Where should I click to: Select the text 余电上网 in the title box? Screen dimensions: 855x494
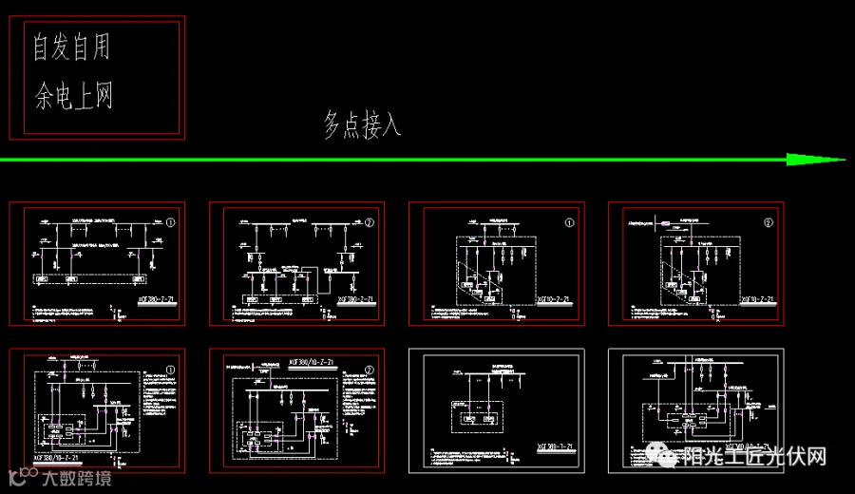(x=73, y=96)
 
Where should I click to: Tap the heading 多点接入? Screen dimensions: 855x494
(x=362, y=124)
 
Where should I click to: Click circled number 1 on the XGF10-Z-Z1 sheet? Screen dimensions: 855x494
(x=570, y=223)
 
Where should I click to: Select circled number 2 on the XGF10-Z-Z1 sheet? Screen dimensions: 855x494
(x=769, y=223)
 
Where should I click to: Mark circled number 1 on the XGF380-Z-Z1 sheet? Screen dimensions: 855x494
(x=170, y=223)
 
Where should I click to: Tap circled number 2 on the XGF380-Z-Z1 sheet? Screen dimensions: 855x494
(x=370, y=223)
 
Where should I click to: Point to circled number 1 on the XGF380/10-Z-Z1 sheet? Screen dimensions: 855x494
(x=170, y=369)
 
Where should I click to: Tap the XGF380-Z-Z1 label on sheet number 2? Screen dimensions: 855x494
(x=346, y=299)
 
